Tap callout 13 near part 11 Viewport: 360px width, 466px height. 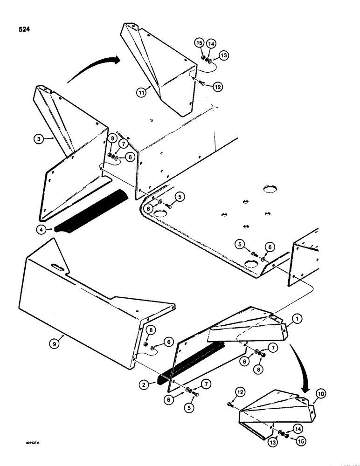pyautogui.click(x=223, y=56)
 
